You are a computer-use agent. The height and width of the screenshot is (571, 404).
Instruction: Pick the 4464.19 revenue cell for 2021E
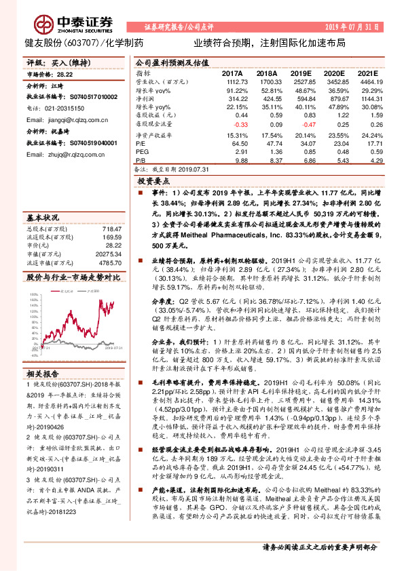click(x=371, y=81)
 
